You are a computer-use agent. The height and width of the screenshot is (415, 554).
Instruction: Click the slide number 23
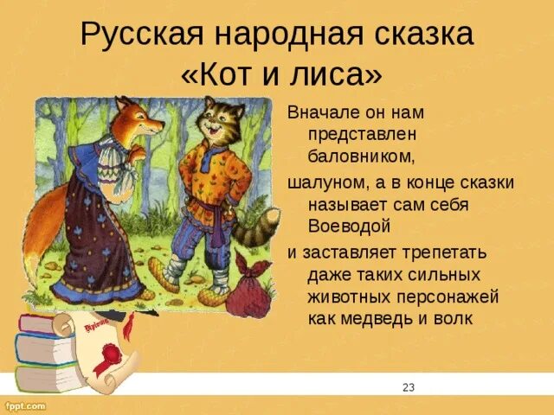[x=409, y=387]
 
